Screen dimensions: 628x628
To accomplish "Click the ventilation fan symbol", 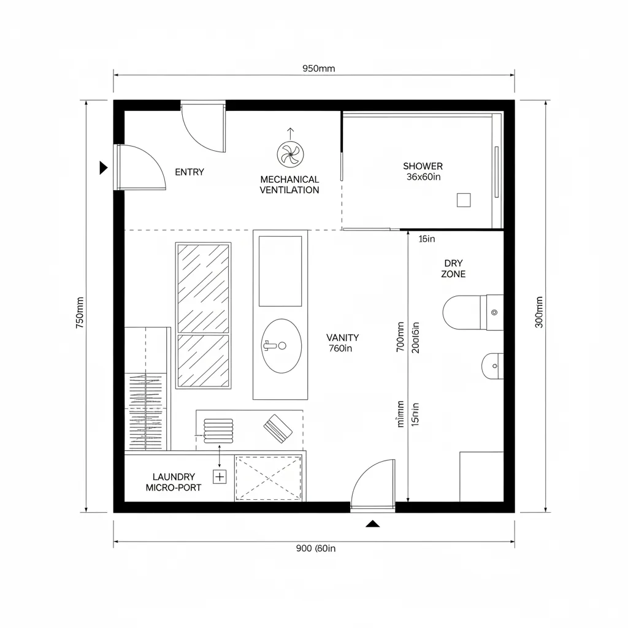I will click(x=289, y=153).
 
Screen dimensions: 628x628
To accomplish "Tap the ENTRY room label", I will click(x=190, y=172).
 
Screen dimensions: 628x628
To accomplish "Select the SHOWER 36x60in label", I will click(x=423, y=171).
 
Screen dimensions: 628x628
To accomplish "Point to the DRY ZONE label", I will click(x=453, y=269).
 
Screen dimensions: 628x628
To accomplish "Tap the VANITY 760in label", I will click(x=342, y=343).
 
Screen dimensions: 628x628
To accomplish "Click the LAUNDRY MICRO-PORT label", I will click(x=174, y=482).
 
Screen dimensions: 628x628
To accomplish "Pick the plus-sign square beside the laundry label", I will click(x=220, y=476).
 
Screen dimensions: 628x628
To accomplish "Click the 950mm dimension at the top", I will click(x=319, y=69).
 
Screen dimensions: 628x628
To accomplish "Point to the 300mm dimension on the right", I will click(x=539, y=313).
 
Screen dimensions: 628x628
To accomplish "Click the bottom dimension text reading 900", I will click(x=315, y=549).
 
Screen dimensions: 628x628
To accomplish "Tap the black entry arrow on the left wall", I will click(x=104, y=167).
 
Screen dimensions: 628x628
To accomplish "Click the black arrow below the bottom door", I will click(x=372, y=524).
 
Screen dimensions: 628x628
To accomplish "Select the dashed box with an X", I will click(x=269, y=478).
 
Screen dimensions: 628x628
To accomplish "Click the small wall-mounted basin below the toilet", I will click(x=492, y=366).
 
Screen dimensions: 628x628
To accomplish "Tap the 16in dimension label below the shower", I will click(x=426, y=239).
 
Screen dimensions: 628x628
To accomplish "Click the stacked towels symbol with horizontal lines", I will click(x=218, y=430).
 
